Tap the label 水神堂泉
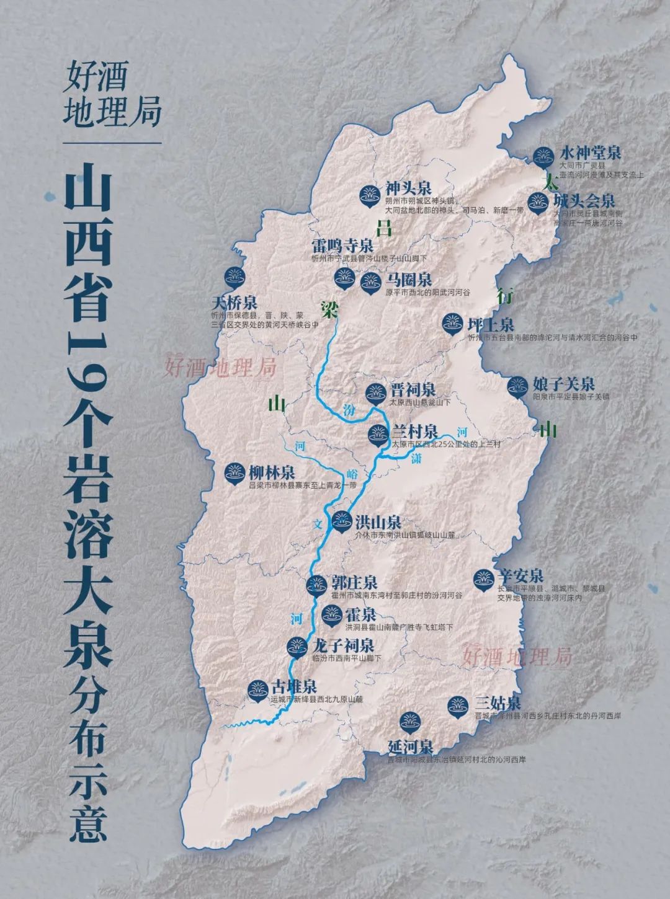[590, 153]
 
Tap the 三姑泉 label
[498, 704]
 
